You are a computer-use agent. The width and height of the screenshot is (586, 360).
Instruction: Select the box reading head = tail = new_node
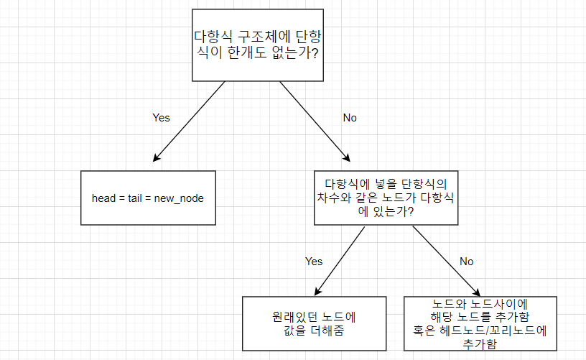[x=148, y=198]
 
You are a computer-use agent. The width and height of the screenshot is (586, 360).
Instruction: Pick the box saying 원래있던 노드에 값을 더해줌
[x=310, y=323]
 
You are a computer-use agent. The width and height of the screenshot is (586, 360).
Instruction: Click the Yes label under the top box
[x=162, y=117]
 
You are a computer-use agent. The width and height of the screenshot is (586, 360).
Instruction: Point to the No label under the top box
[x=350, y=117]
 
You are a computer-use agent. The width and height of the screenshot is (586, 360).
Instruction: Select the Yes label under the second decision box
[x=314, y=261]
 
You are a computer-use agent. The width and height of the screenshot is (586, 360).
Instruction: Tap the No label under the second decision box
[x=466, y=261]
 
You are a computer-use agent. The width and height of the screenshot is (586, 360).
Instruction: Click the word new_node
[x=179, y=198]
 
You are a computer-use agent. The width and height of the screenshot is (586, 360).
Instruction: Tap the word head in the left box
[x=105, y=198]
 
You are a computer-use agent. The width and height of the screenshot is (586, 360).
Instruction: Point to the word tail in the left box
[x=136, y=198]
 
